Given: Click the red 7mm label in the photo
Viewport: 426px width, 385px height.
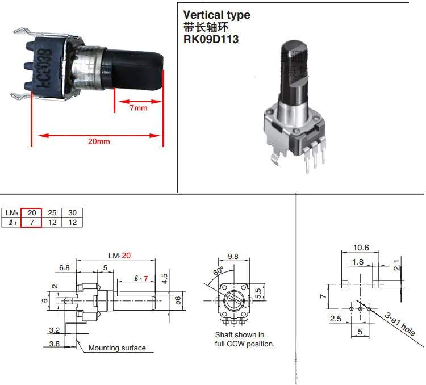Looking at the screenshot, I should coord(138,107).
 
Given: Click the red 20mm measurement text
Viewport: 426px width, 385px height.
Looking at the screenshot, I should coord(100,141).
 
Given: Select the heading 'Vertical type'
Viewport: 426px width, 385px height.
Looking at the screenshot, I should coord(216,15).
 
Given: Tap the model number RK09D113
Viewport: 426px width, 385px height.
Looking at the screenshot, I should coord(211,40).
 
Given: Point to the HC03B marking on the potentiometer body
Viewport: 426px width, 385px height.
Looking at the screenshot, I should coord(44,74).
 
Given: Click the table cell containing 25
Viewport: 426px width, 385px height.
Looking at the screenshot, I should coord(52,212).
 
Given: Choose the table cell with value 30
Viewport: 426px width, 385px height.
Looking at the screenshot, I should coord(72,212).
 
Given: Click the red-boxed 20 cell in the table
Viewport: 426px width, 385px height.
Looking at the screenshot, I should coord(32,212).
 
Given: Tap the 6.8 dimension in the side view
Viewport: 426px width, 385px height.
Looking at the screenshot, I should coord(64,267).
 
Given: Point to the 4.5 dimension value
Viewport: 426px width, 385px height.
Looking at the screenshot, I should coord(165,278).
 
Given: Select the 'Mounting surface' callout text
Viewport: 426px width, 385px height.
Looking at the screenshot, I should coord(117,348).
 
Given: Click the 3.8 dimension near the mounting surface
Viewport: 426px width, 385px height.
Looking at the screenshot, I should coord(55,344).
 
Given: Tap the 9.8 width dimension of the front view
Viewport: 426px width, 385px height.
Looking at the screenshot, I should coord(233,256).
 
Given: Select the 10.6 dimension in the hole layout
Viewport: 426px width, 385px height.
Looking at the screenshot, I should coord(361,248).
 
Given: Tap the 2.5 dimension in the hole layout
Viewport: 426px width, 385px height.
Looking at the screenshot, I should coord(336,319).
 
